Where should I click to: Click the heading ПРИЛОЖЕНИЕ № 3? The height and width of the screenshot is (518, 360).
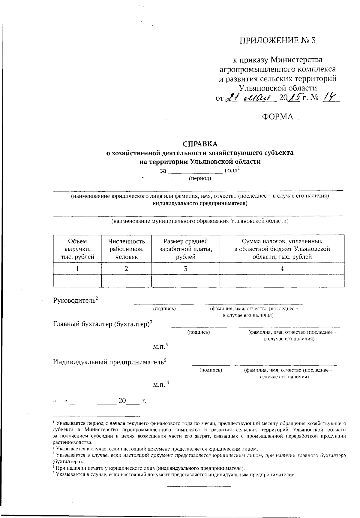277,41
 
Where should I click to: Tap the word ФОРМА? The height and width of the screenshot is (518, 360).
277,117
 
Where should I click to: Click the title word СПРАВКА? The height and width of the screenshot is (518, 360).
200,144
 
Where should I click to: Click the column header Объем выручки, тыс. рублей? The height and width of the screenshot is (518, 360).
77,249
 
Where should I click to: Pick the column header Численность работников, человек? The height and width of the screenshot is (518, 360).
127,249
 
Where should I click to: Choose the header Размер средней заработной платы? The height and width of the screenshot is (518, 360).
186,249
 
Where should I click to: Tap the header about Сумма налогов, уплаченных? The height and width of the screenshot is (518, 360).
282,249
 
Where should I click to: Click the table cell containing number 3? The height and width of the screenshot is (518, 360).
186,269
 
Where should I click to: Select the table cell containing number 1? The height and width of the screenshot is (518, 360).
77,269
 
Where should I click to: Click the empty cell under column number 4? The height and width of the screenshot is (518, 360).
282,281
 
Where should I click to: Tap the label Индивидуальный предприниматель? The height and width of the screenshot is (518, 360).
108,362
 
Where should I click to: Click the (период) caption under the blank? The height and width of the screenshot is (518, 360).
200,179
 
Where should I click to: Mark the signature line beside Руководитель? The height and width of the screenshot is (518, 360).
164,303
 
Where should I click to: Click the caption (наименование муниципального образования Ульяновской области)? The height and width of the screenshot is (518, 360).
200,221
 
